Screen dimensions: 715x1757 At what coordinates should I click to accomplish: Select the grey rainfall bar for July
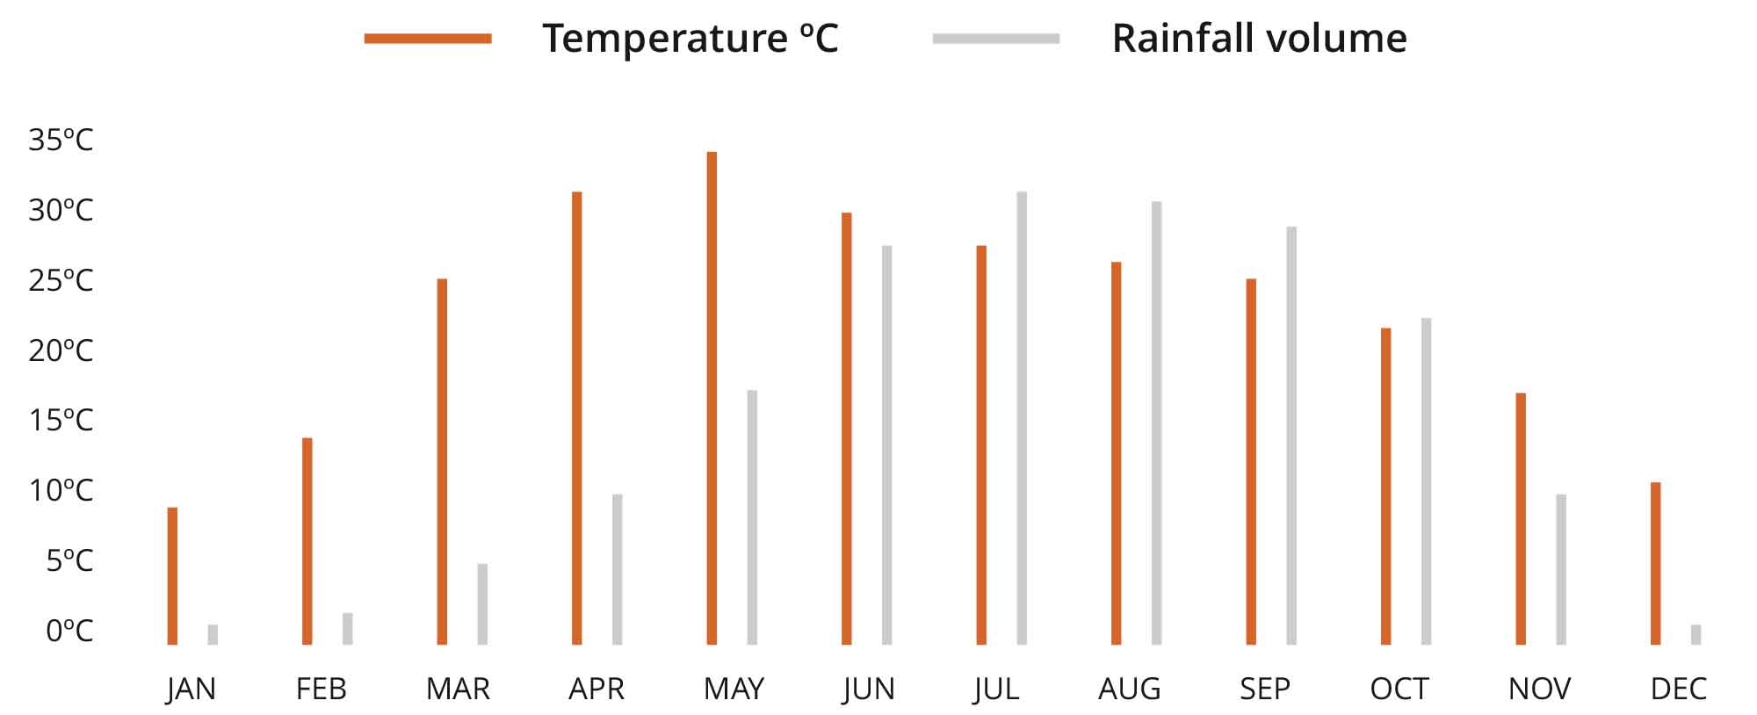click(1022, 418)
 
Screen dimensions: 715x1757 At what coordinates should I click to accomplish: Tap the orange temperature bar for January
click(172, 575)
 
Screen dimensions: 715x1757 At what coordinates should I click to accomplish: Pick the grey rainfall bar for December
click(1696, 634)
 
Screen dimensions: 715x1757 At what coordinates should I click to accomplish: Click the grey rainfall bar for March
click(482, 604)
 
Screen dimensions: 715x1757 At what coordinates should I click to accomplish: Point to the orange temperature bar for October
click(1385, 486)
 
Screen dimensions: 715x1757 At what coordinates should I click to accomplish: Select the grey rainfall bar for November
click(1561, 569)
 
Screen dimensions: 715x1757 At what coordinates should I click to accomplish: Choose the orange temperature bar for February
click(307, 541)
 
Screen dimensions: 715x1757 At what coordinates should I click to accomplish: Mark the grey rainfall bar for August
click(1156, 422)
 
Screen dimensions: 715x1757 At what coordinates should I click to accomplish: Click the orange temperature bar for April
click(576, 418)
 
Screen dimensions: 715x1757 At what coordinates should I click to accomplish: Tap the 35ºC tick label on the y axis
click(61, 140)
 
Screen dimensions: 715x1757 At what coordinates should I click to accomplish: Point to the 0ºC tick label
click(69, 630)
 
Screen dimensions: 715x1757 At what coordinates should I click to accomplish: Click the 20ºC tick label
click(61, 350)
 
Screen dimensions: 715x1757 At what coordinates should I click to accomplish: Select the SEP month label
click(1264, 689)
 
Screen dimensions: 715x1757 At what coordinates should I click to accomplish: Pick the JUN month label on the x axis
click(868, 689)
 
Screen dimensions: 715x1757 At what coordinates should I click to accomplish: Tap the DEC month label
click(1678, 689)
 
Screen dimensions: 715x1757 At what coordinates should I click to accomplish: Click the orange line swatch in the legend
click(428, 38)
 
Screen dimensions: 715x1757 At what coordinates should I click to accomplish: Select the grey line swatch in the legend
click(995, 38)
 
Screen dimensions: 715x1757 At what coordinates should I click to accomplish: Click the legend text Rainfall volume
click(1259, 38)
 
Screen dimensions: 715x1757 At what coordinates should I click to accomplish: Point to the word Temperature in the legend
click(665, 38)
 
